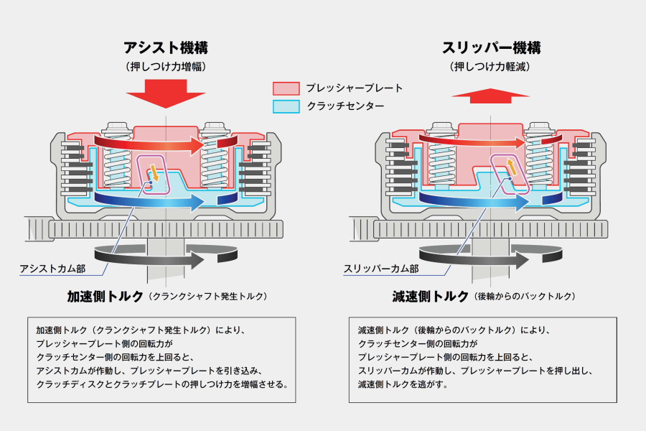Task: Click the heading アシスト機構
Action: coord(166,48)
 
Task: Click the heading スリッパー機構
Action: coord(491,48)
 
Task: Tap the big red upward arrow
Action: coord(491,96)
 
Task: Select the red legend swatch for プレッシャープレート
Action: coord(286,88)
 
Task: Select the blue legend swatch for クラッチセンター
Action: coord(286,106)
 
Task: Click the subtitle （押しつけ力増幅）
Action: coord(166,67)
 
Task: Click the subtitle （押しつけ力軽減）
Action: coord(491,67)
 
